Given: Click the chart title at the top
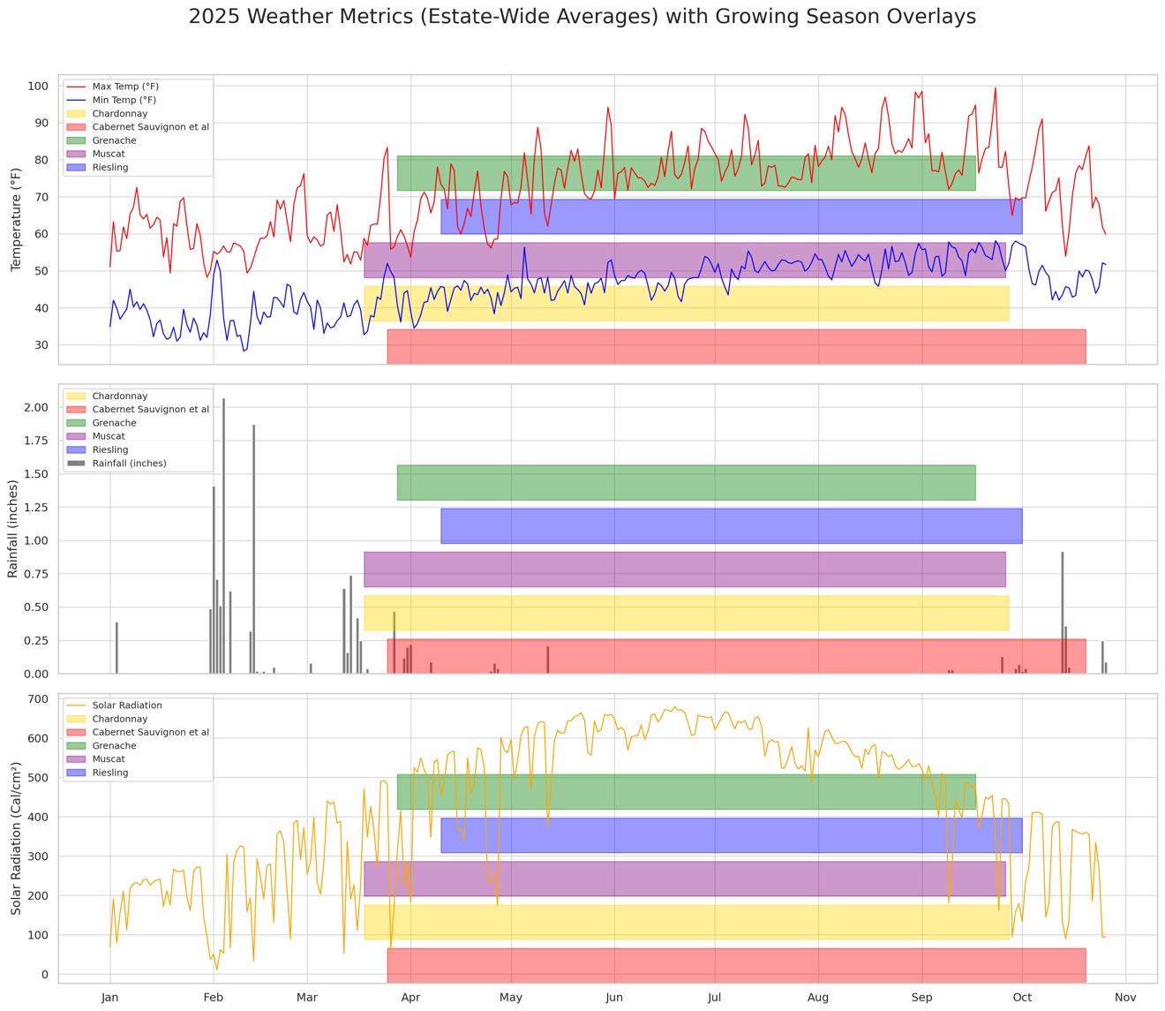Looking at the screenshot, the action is pyautogui.click(x=582, y=17).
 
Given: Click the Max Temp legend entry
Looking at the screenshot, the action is pyautogui.click(x=113, y=87).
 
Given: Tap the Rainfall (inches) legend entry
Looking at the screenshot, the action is pyautogui.click(x=116, y=463).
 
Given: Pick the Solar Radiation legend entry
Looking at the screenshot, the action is pyautogui.click(x=115, y=705).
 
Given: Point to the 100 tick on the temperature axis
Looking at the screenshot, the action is pyautogui.click(x=38, y=86).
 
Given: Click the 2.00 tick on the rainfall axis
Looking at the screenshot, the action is pyautogui.click(x=36, y=407).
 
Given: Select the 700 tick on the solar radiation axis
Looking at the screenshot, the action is pyautogui.click(x=38, y=699).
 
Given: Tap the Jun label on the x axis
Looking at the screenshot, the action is pyautogui.click(x=614, y=997).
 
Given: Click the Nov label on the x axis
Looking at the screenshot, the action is pyautogui.click(x=1125, y=997).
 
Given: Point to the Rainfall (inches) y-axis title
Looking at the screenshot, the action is pyautogui.click(x=12, y=529).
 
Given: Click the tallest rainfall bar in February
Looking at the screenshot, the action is pyautogui.click(x=223, y=535).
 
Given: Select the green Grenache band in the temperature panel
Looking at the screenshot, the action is pyautogui.click(x=686, y=173).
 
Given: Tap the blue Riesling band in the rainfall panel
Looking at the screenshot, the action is pyautogui.click(x=731, y=525).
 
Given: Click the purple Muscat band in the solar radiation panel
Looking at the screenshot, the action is pyautogui.click(x=684, y=879).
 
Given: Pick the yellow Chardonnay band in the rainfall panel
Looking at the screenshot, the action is pyautogui.click(x=686, y=613).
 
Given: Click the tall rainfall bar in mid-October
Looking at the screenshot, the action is pyautogui.click(x=1062, y=612).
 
